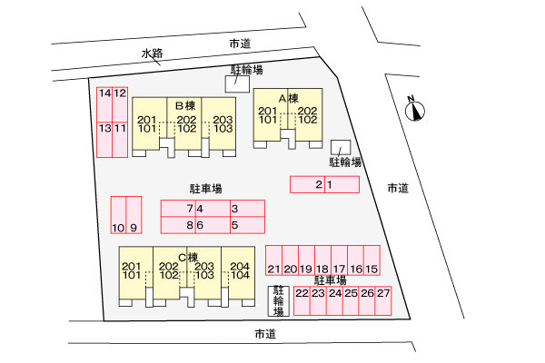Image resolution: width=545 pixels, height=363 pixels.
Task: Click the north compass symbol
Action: [415, 111]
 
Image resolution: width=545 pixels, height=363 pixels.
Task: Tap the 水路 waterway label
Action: [152, 54]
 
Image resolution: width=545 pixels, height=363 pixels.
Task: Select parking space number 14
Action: [104, 105]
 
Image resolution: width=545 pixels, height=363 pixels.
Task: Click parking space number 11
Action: [120, 140]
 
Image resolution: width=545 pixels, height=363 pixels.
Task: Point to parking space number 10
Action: [118, 215]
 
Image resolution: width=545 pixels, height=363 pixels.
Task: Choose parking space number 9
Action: [134, 215]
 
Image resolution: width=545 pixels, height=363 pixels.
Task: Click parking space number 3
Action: [247, 209]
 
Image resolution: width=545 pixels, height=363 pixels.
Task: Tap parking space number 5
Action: [247, 225]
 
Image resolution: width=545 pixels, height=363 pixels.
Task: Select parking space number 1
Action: [342, 184]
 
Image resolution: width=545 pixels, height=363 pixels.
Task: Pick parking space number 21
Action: [274, 260]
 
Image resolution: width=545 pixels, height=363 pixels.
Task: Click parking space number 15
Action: [372, 260]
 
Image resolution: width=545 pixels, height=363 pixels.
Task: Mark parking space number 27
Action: [383, 300]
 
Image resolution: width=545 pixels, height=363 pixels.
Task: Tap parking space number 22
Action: [302, 300]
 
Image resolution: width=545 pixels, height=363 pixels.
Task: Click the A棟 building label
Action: [289, 99]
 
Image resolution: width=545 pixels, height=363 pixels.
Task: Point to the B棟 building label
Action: [185, 105]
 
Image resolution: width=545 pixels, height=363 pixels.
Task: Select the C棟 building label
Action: [188, 258]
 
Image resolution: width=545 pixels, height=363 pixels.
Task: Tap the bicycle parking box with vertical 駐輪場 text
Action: [279, 300]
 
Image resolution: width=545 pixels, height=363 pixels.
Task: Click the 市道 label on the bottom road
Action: [265, 334]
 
